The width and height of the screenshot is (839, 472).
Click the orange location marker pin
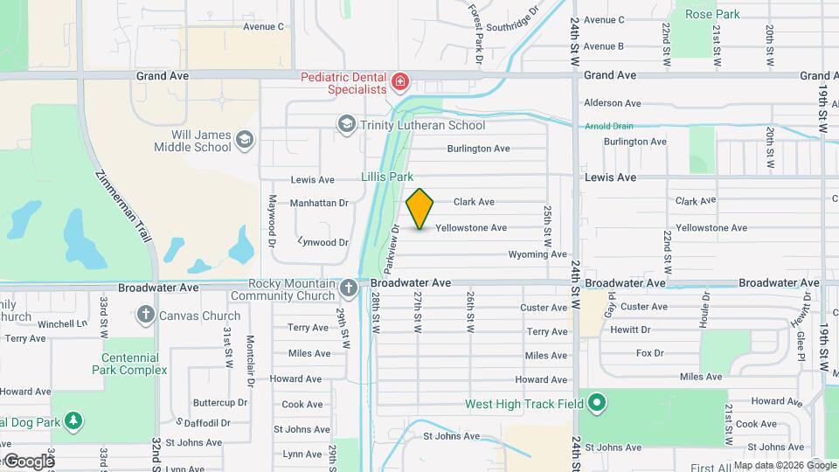pyautogui.click(x=420, y=208)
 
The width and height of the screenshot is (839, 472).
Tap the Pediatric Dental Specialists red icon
pyautogui.click(x=400, y=82)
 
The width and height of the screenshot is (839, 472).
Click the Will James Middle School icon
pyautogui.click(x=245, y=140)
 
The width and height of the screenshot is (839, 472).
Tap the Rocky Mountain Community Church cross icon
pyautogui.click(x=348, y=288)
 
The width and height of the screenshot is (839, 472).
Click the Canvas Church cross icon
pyautogui.click(x=145, y=315)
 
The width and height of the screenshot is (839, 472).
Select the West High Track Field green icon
pyautogui.click(x=597, y=403)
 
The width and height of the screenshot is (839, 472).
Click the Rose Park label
pyautogui.click(x=712, y=14)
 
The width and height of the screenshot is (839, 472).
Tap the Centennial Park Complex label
pyautogui.click(x=129, y=364)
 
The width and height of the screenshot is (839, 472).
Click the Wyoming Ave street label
pyautogui.click(x=537, y=254)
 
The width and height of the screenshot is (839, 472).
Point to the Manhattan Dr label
pyautogui.click(x=319, y=203)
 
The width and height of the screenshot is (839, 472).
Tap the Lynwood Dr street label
pyautogui.click(x=323, y=242)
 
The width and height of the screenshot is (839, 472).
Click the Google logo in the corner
pyautogui.click(x=29, y=461)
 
